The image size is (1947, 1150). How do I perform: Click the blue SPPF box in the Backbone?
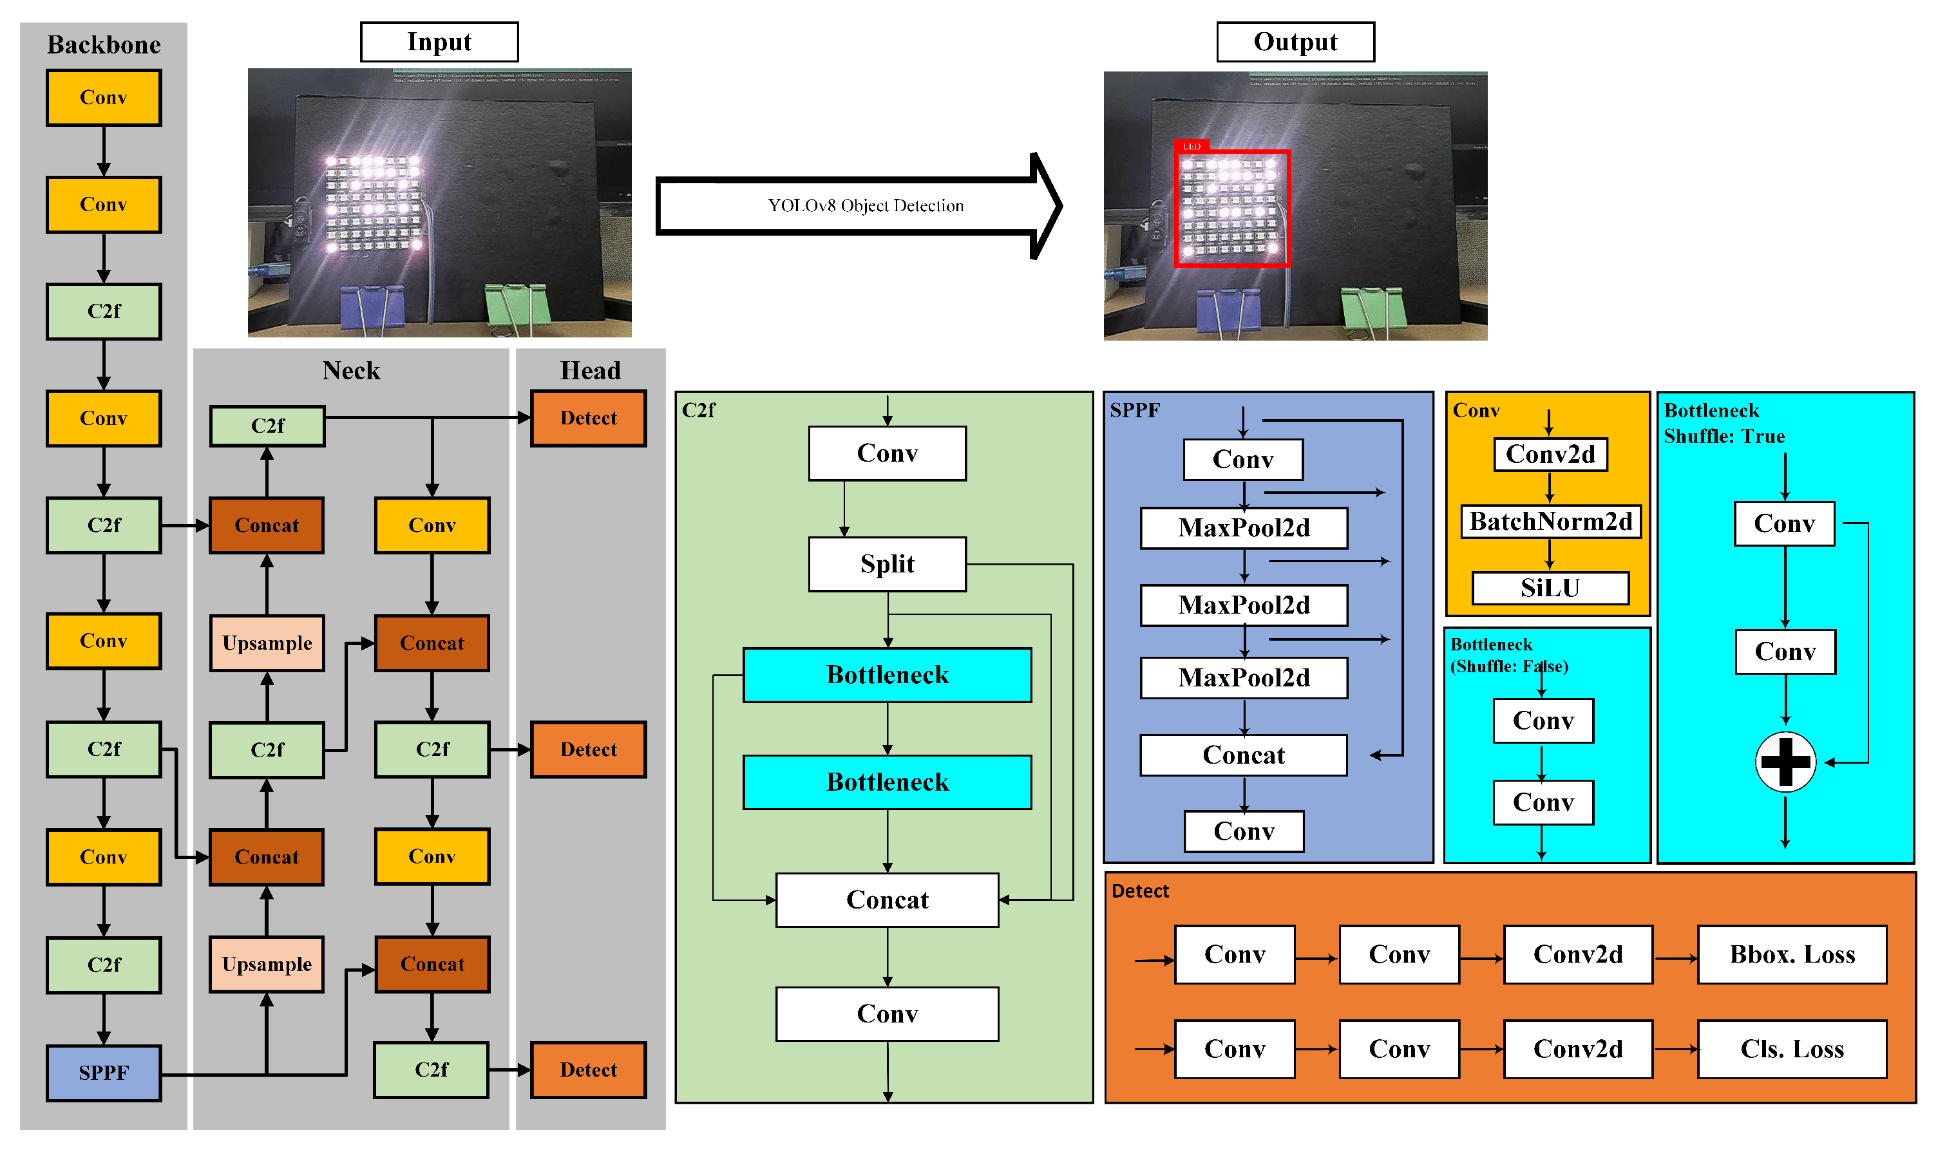tap(104, 1073)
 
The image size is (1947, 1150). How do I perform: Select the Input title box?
tap(439, 42)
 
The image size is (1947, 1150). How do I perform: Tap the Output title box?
tap(1295, 42)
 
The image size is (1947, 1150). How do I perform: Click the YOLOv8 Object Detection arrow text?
tap(865, 206)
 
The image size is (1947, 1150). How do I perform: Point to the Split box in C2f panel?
tap(887, 564)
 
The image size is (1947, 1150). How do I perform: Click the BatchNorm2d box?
tap(1550, 522)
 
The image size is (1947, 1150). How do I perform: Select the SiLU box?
tap(1550, 588)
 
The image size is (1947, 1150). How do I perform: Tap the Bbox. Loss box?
tap(1791, 955)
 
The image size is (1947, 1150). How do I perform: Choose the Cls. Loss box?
tap(1791, 1050)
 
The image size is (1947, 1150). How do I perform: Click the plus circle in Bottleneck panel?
tap(1785, 762)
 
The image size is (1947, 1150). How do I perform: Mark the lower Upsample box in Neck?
tap(267, 965)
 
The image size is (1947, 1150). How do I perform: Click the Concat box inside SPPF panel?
tap(1243, 755)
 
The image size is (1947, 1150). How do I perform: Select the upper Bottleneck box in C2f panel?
tap(887, 675)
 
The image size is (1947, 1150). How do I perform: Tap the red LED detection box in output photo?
tap(1231, 209)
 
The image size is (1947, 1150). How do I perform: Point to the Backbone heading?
tap(104, 45)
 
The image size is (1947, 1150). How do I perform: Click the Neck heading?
tap(351, 370)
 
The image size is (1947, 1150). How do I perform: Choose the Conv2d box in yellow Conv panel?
tap(1550, 454)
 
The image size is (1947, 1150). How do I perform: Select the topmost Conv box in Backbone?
tap(104, 98)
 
